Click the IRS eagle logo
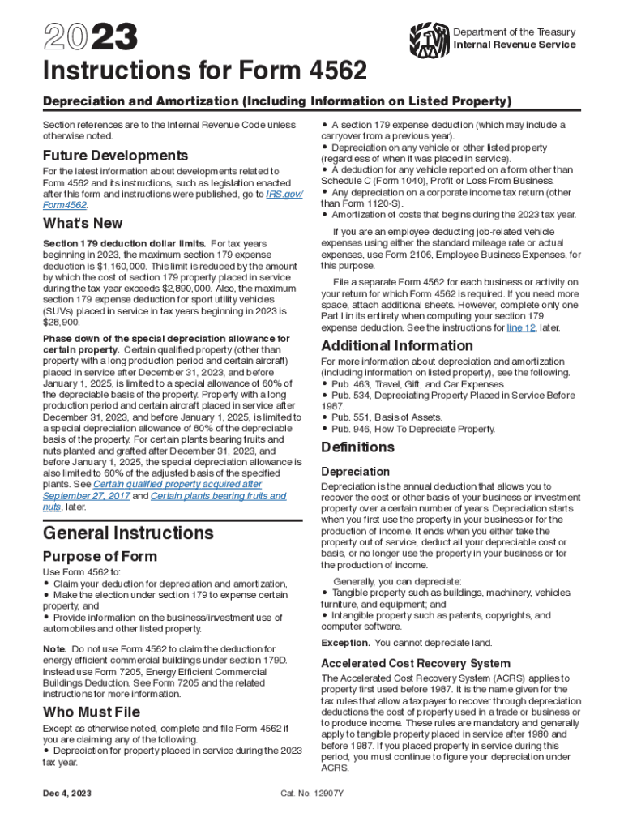point(429,36)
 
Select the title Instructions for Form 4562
point(205,72)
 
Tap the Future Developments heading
point(115,155)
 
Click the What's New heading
point(83,223)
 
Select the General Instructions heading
point(128,533)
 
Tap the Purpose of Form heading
point(100,556)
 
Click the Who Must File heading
point(92,712)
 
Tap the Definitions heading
point(357,447)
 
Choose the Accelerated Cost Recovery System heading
point(416,663)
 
